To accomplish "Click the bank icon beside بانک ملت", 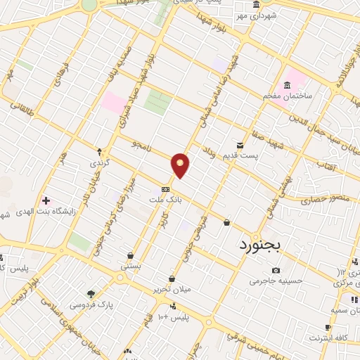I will click(x=165, y=189).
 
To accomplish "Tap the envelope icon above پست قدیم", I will click(x=240, y=146).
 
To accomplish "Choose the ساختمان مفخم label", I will click(x=286, y=96).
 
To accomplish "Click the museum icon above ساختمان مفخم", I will click(x=287, y=86).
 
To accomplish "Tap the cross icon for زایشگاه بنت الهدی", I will click(x=46, y=201).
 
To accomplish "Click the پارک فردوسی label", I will click(x=96, y=304).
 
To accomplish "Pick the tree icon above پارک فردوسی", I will click(x=90, y=294).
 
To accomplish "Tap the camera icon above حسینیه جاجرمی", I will click(x=276, y=270).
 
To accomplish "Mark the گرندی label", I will click(x=99, y=162).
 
